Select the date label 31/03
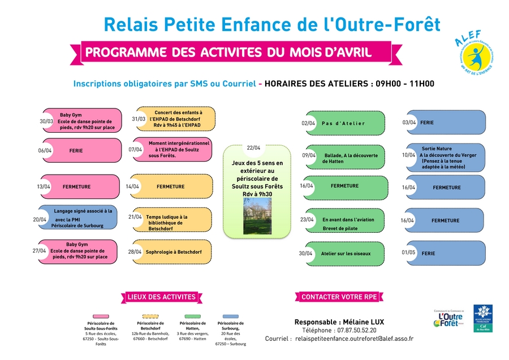(x=139, y=119)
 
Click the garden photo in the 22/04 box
(x=257, y=215)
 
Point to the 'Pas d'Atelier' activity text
(x=343, y=123)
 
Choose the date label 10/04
(x=408, y=155)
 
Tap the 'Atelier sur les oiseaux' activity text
(x=346, y=254)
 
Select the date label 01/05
(x=408, y=253)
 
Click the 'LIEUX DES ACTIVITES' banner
(x=161, y=297)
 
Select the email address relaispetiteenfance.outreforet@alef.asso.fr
(x=355, y=339)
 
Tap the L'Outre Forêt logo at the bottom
(x=448, y=319)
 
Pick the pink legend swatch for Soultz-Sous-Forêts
(x=100, y=316)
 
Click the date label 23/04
(x=307, y=220)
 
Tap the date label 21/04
(x=135, y=216)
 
